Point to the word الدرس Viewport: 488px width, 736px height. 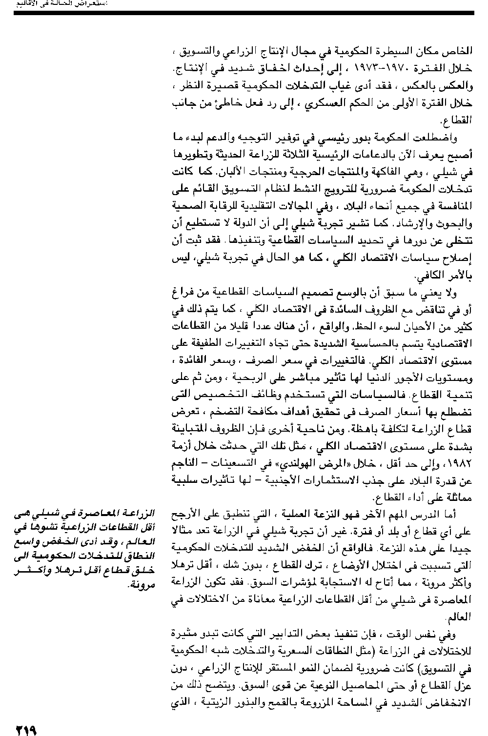433,514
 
